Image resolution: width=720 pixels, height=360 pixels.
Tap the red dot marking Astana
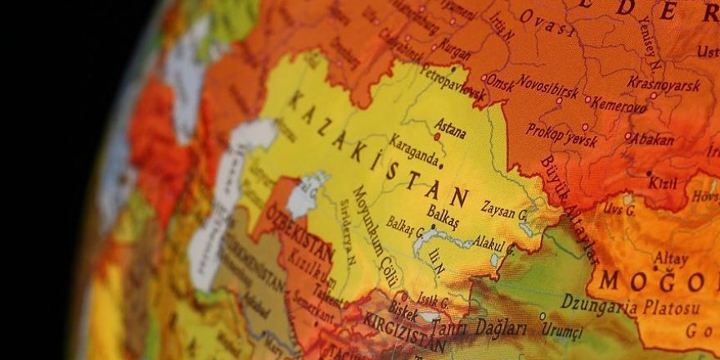coord(437,137)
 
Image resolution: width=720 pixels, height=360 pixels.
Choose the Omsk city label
coord(500,82)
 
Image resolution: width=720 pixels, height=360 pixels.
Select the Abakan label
coord(653,138)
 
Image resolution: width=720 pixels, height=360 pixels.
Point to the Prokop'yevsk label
coord(562,134)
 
